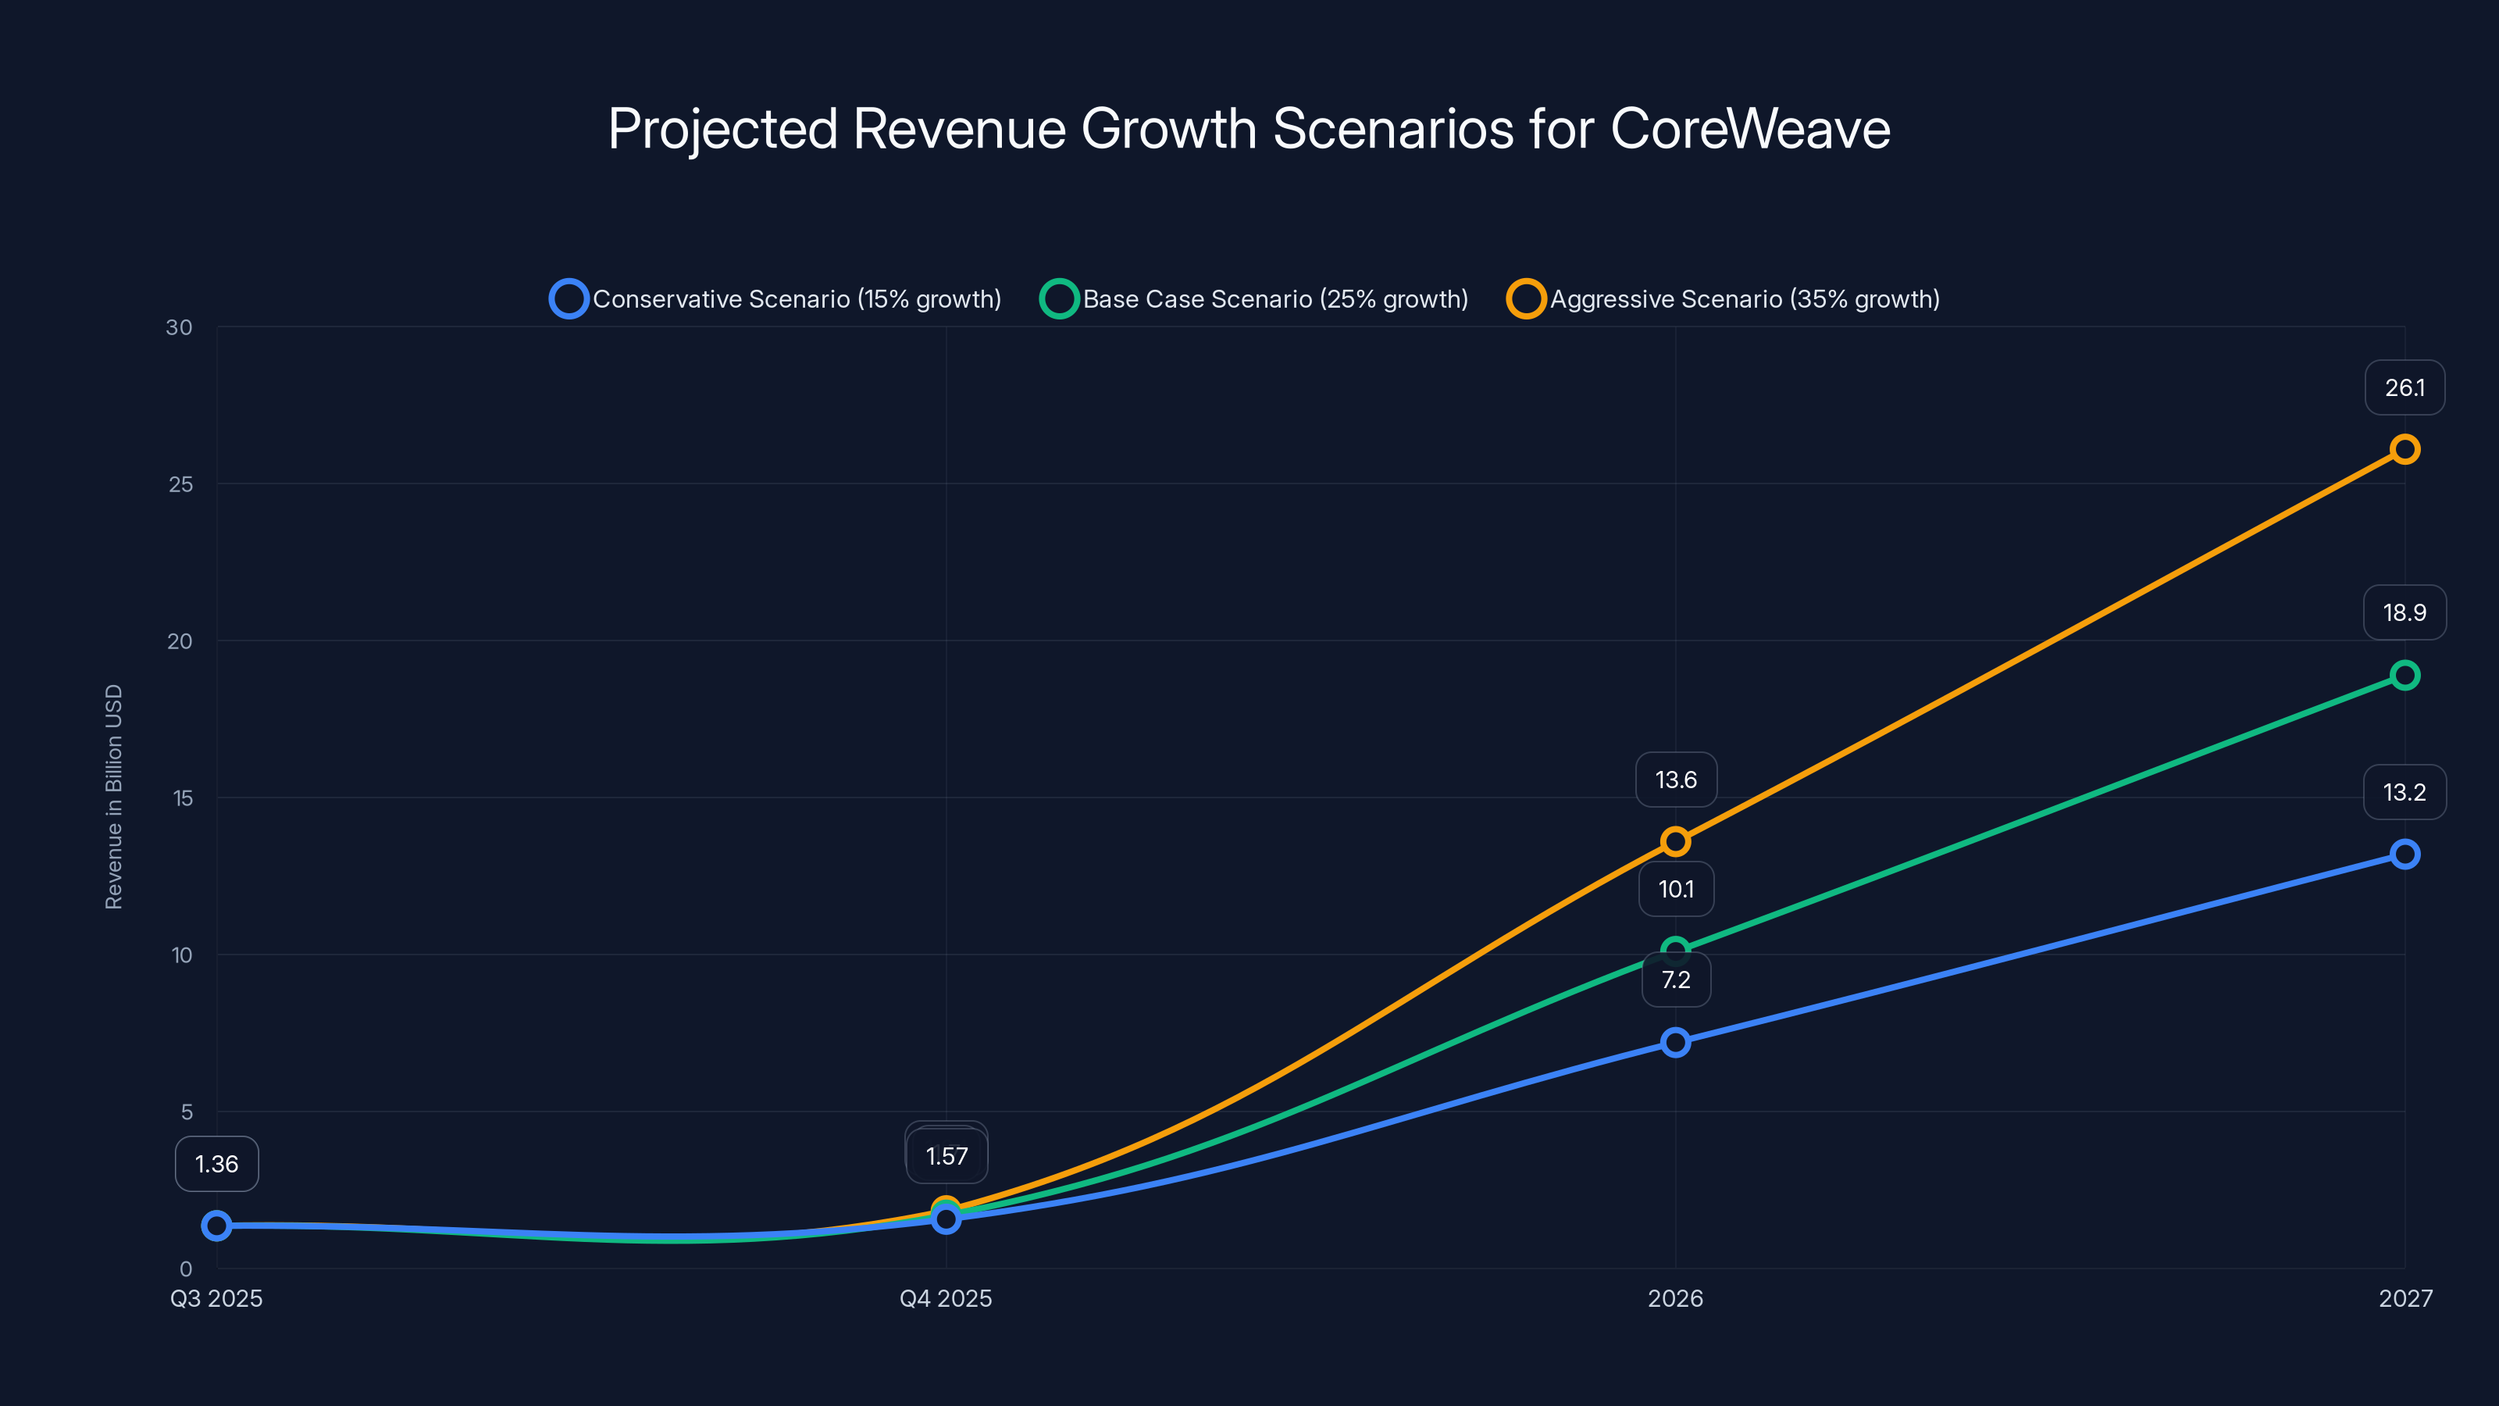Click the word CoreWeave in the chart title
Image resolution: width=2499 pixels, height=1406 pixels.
point(1750,128)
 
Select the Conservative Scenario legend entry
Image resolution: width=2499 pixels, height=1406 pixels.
point(776,299)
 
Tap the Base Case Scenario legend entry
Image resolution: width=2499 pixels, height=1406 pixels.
point(1254,299)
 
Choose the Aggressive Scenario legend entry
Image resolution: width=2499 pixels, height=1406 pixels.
point(1724,299)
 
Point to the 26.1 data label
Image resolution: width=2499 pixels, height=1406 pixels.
point(2404,388)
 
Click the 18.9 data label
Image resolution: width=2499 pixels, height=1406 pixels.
point(2404,612)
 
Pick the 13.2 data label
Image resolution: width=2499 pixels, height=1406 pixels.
point(2404,793)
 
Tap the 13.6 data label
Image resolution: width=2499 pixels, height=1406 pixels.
point(1675,780)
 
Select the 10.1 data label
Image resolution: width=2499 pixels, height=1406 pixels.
point(1675,889)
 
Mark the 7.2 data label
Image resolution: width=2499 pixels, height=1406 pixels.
point(1675,980)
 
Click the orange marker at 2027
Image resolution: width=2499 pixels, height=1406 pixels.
point(2404,449)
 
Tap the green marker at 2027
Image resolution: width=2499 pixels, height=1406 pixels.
point(2404,676)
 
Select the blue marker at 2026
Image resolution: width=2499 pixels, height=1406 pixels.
point(1675,1043)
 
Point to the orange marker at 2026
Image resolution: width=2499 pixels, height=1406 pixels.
point(1675,841)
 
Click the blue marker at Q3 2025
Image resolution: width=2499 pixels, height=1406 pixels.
point(216,1226)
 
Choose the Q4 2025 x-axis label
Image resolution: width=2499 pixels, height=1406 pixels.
point(946,1298)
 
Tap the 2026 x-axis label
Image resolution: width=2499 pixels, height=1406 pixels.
point(1675,1298)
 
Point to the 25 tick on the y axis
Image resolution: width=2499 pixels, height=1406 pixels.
point(180,484)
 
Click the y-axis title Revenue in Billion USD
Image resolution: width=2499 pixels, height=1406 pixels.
point(113,798)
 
